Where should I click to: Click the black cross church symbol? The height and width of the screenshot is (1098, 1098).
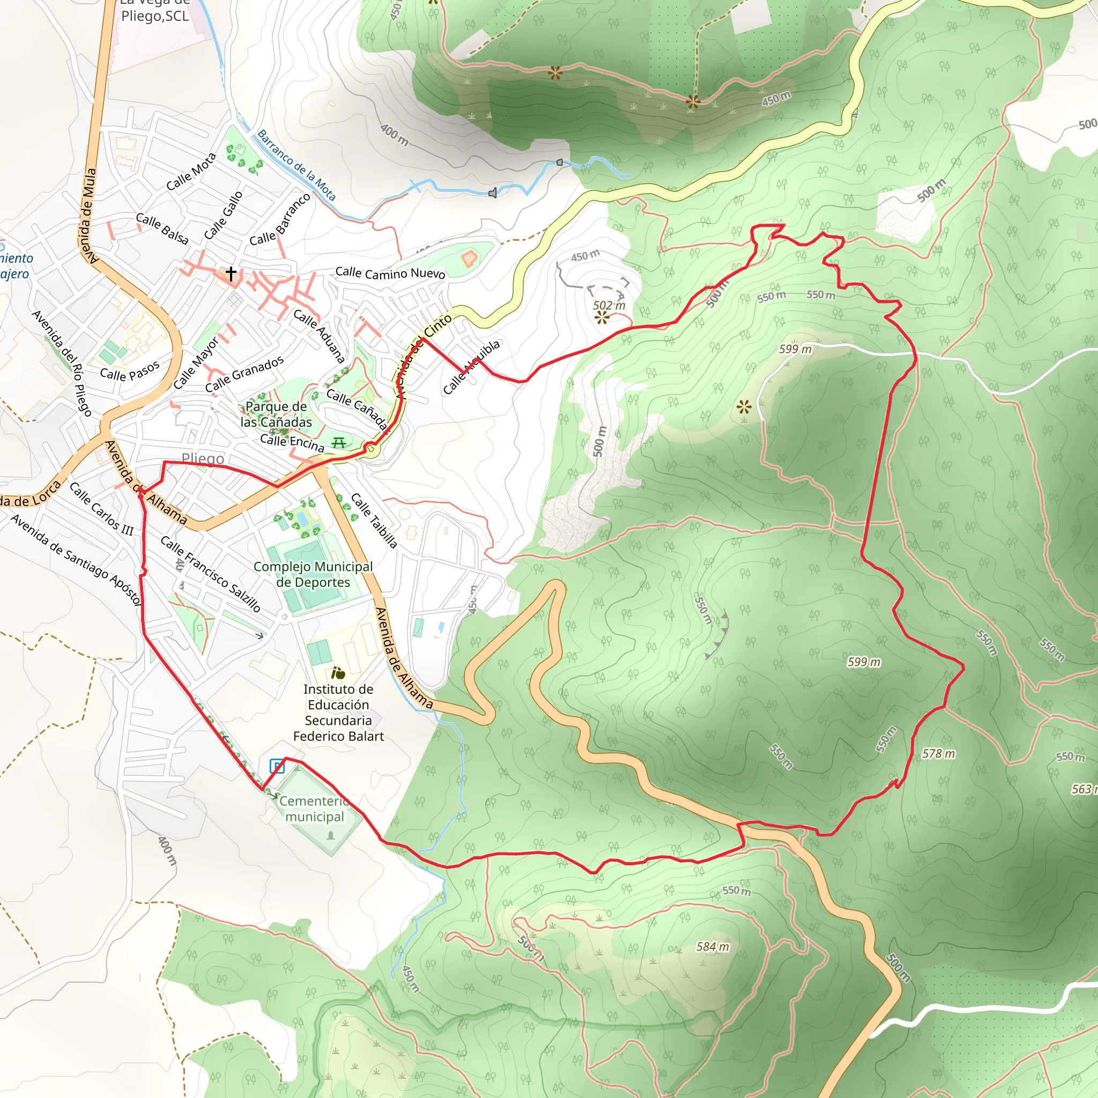(x=231, y=274)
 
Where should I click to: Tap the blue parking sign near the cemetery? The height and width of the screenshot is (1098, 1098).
(x=276, y=766)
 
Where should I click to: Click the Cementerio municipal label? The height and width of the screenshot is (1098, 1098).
(x=314, y=808)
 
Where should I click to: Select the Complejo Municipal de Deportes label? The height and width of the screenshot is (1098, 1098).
(x=313, y=574)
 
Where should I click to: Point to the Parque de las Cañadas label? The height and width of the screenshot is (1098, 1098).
(x=276, y=414)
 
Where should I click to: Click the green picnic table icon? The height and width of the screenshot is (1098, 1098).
(x=339, y=442)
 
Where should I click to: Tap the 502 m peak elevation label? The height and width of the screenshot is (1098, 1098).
(x=609, y=305)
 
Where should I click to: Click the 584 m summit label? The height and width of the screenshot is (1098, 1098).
(x=713, y=947)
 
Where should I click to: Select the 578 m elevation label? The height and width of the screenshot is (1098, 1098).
(x=938, y=754)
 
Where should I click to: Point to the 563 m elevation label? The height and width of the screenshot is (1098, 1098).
(x=1083, y=789)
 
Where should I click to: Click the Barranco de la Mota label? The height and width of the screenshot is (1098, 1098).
(x=296, y=165)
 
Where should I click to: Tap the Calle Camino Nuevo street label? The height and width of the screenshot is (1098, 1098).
(x=390, y=273)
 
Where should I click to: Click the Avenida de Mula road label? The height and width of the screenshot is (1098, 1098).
(x=89, y=216)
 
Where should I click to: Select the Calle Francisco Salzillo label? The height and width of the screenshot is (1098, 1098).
(x=210, y=574)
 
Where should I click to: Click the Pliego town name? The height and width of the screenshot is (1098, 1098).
(x=202, y=458)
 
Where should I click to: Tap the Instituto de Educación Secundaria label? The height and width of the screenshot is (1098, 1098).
(x=338, y=712)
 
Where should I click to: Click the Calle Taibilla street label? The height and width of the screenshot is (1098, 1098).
(x=373, y=520)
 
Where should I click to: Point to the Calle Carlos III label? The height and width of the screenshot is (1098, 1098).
(x=101, y=509)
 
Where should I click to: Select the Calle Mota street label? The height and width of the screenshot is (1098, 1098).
(x=191, y=172)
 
